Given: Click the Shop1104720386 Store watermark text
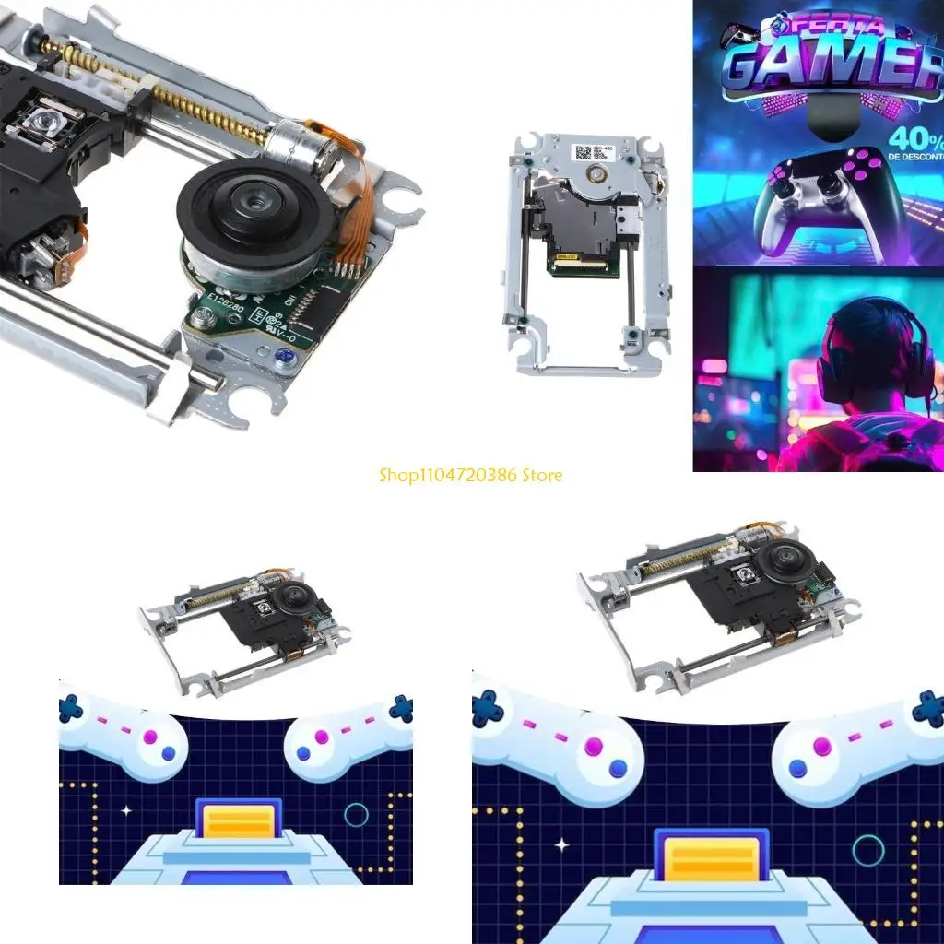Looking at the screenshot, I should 470,476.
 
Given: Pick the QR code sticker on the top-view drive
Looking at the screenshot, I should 584,152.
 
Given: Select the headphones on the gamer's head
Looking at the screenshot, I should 867,355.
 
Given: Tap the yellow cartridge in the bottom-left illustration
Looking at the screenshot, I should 238,821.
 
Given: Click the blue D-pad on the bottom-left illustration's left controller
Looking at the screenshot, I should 71,708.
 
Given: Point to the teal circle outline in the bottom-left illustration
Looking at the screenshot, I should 356,815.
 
